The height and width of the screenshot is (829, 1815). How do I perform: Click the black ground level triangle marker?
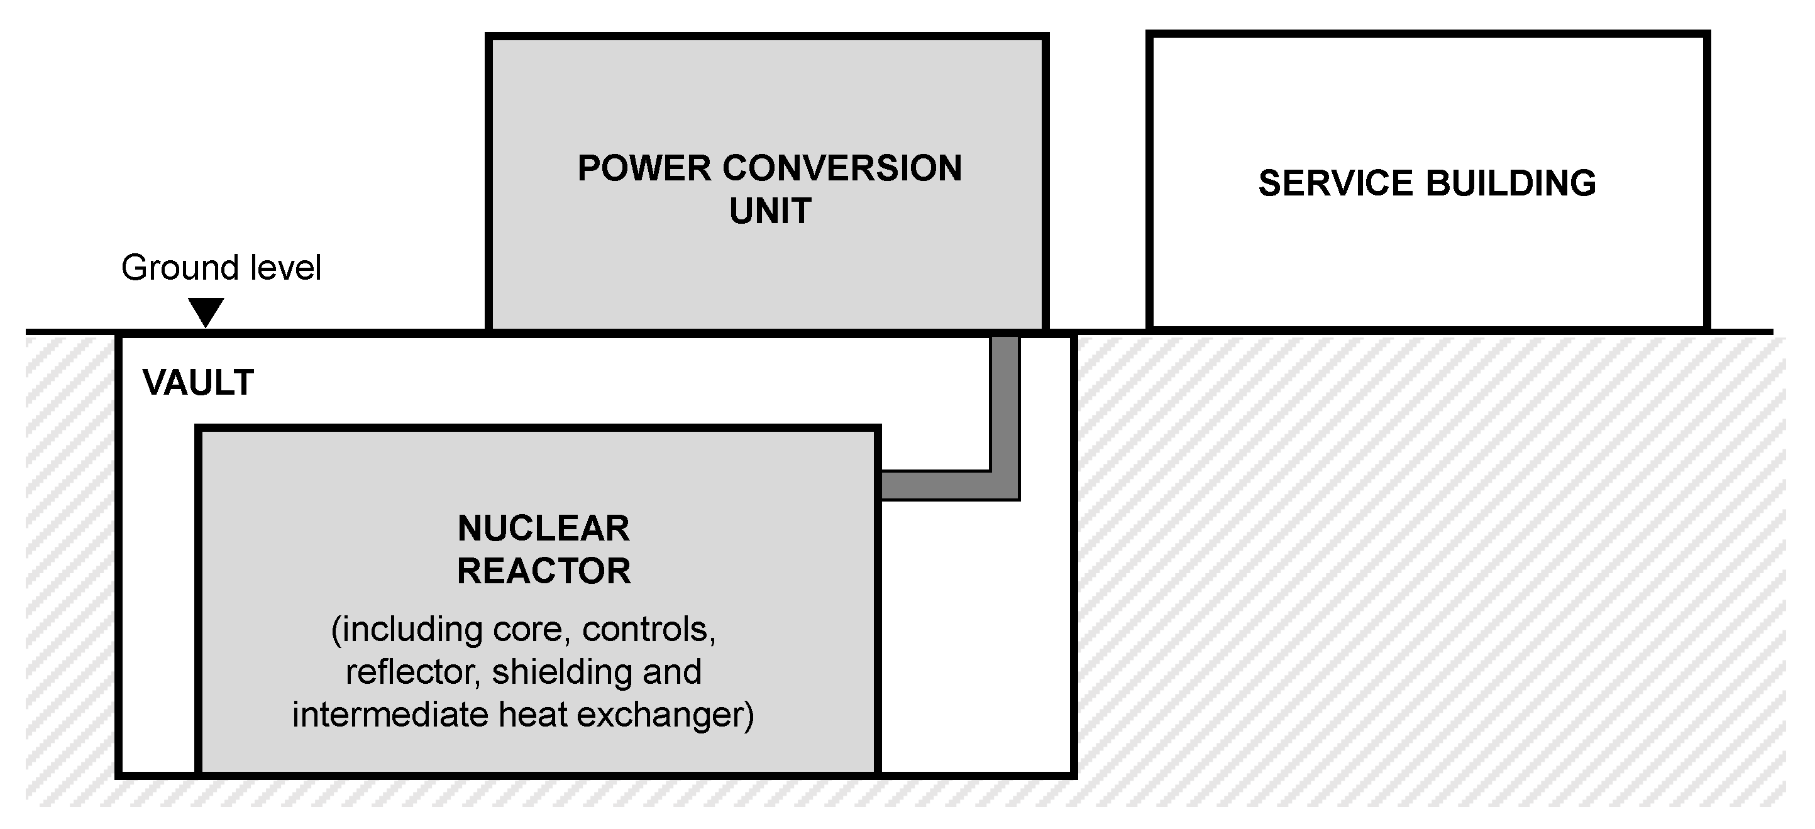[x=206, y=311]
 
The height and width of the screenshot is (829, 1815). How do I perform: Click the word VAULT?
[x=198, y=383]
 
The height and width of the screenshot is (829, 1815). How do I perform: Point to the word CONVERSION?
[x=842, y=169]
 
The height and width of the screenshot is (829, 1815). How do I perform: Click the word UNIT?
[x=770, y=211]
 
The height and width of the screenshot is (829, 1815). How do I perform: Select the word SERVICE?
[x=1336, y=184]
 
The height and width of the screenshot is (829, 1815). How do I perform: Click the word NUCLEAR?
[x=543, y=529]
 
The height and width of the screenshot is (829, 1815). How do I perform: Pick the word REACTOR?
[x=543, y=571]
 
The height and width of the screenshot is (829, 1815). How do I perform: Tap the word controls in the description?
[x=648, y=630]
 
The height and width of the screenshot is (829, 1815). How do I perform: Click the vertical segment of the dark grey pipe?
[x=1005, y=402]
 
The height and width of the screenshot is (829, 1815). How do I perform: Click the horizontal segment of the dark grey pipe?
[x=937, y=485]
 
